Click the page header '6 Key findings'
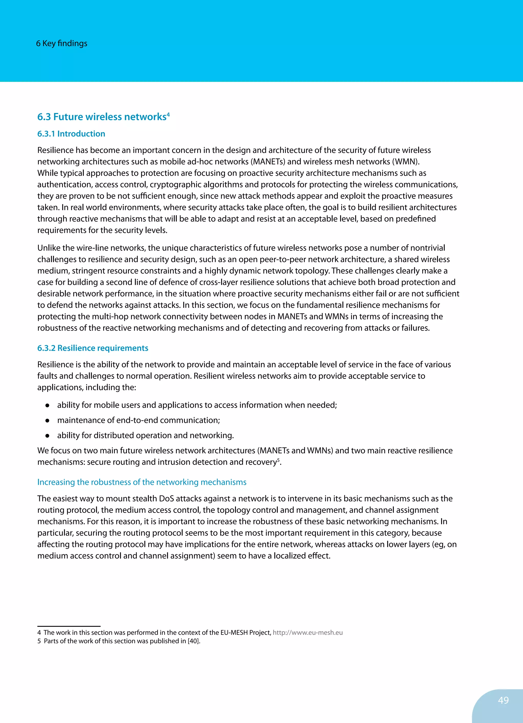[x=62, y=43]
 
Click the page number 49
[x=503, y=700]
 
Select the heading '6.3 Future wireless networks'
[x=102, y=117]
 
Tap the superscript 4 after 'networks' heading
[x=168, y=114]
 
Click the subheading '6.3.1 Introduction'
[x=71, y=134]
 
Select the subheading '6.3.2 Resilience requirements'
[x=93, y=348]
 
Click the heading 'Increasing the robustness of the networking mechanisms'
[x=142, y=482]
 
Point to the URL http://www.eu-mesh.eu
[x=308, y=632]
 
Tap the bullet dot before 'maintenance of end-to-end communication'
[x=47, y=421]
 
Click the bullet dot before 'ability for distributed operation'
[x=47, y=436]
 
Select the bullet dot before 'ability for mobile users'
[x=47, y=405]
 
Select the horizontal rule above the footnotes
[x=69, y=626]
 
